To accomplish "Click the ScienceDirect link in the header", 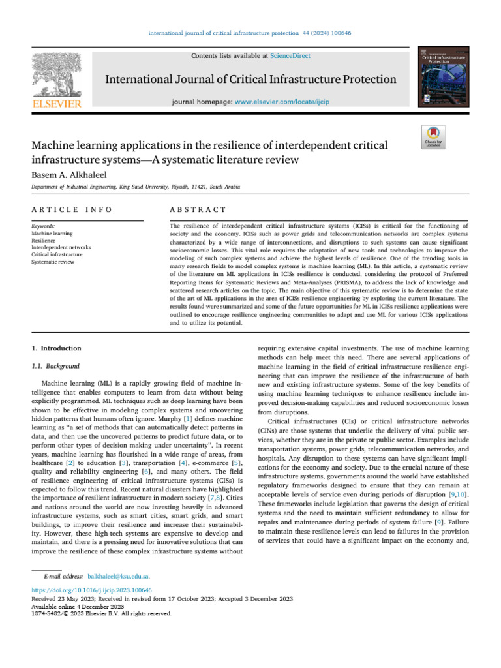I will tap(291, 56).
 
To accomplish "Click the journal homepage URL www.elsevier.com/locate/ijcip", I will tap(293, 102).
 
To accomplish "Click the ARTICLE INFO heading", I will tap(72, 209).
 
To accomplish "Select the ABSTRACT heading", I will tap(198, 209).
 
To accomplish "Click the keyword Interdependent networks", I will tap(61, 247).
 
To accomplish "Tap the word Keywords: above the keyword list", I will tap(43, 226).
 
